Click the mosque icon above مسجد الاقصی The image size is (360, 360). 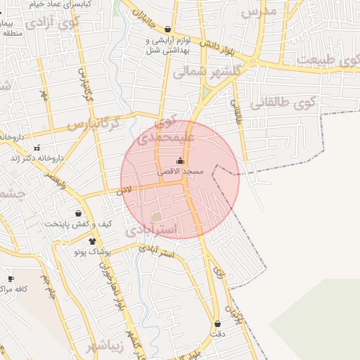(x=180, y=161)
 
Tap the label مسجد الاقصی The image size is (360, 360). (x=181, y=172)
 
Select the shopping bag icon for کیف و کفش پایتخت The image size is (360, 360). (x=77, y=213)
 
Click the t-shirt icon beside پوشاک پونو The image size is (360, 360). (x=92, y=241)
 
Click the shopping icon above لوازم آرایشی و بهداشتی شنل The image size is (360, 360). (x=167, y=30)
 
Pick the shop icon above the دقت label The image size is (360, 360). (x=217, y=324)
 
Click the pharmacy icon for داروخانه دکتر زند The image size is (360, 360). (x=37, y=148)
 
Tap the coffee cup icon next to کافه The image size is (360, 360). (x=10, y=279)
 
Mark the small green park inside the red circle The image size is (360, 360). (x=155, y=217)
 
